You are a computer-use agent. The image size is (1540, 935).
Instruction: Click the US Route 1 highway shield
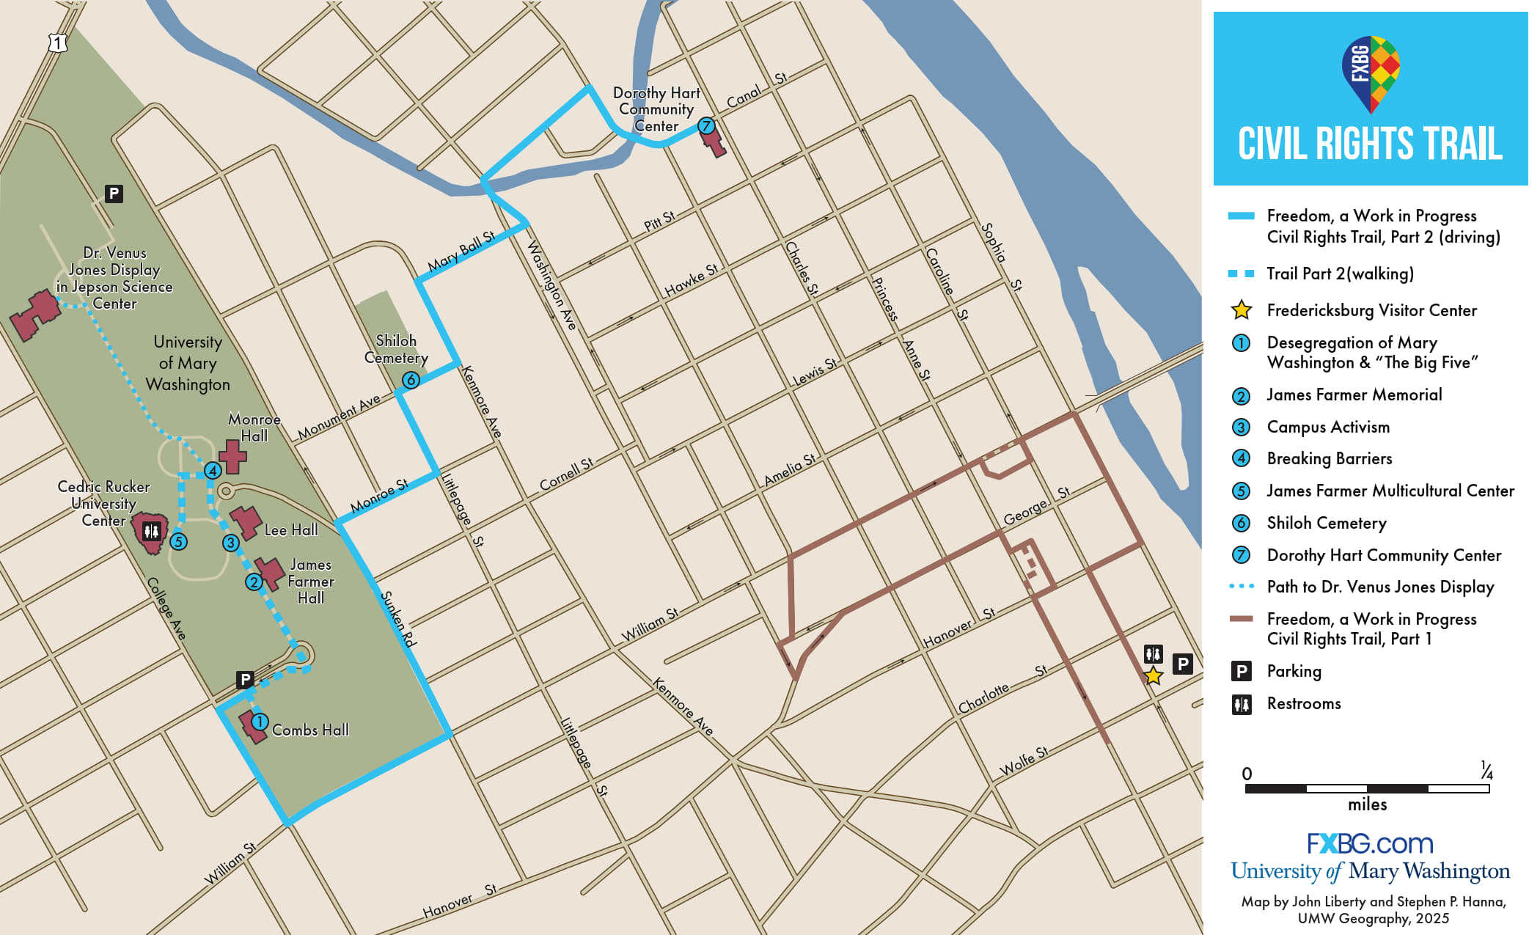(x=58, y=43)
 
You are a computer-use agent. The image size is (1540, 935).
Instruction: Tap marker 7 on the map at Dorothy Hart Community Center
(x=705, y=125)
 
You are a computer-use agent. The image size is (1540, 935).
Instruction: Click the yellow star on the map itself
(x=1153, y=675)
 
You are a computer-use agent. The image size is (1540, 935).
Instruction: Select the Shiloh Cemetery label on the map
(x=396, y=349)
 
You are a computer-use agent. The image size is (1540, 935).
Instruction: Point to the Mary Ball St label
(x=461, y=252)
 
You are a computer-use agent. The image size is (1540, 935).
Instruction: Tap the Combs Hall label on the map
(x=310, y=730)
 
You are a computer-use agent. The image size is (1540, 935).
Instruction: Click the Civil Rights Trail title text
(x=1370, y=144)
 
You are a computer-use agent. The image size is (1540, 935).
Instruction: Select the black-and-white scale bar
(x=1367, y=788)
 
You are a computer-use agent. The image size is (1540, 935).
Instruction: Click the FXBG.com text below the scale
(x=1369, y=843)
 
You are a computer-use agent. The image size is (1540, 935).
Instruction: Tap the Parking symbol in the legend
(x=1241, y=671)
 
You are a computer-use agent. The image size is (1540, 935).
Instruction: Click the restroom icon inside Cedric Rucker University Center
(x=152, y=530)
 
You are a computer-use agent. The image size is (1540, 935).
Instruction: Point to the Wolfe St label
(x=1024, y=762)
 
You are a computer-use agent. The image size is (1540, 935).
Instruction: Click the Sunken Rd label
(x=398, y=619)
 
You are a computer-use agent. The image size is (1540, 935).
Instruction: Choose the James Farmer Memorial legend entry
(x=1354, y=395)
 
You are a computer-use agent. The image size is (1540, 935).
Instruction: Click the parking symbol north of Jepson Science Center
(x=113, y=194)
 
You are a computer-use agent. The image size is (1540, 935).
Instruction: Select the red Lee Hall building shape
(x=246, y=521)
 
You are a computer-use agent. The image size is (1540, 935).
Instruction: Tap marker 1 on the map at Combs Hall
(x=259, y=722)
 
